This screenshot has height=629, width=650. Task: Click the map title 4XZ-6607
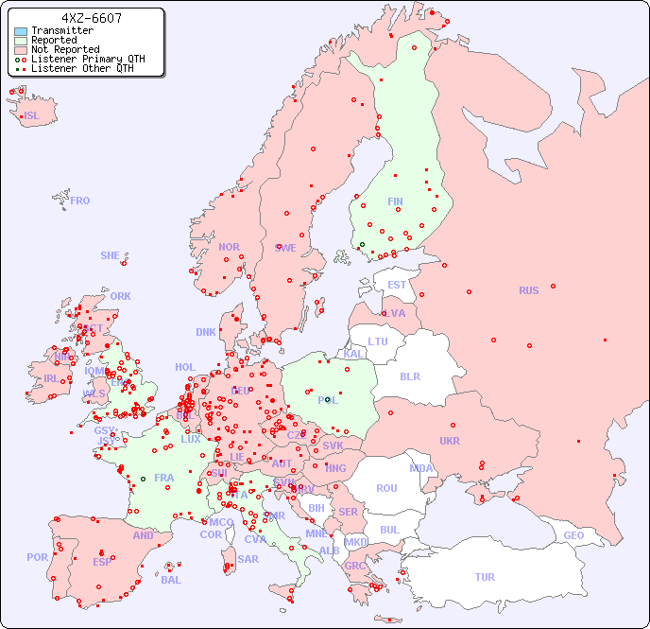click(91, 18)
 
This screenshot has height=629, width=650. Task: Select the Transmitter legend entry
click(61, 30)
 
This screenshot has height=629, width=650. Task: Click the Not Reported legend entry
click(64, 49)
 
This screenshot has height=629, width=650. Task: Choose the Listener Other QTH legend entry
click(83, 68)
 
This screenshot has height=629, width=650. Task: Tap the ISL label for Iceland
click(32, 116)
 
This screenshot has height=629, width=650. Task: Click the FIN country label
click(395, 201)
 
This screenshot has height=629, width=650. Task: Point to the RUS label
click(528, 291)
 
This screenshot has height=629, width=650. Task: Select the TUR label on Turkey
click(485, 577)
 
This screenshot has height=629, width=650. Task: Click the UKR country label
click(450, 441)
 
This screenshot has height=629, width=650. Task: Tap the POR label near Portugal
click(37, 557)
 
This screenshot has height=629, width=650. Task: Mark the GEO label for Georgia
click(573, 535)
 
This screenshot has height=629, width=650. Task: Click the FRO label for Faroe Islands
click(80, 201)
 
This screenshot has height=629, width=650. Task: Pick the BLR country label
click(409, 376)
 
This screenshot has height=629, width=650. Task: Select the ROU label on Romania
click(386, 488)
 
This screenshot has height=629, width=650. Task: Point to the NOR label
click(229, 247)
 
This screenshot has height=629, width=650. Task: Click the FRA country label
click(164, 478)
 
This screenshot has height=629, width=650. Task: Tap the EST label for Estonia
click(397, 285)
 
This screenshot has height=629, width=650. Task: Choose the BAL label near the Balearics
click(171, 580)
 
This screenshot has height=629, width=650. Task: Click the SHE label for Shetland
click(111, 255)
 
